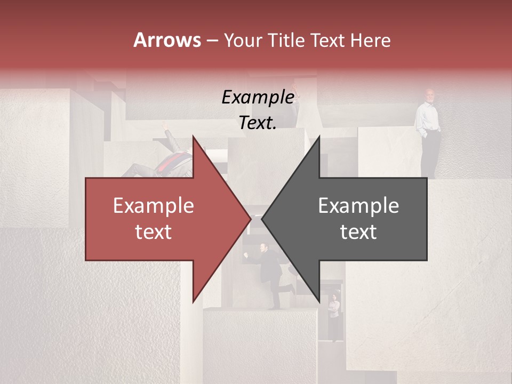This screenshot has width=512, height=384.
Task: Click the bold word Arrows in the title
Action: tap(167, 40)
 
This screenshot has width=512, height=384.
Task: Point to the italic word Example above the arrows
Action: tap(258, 97)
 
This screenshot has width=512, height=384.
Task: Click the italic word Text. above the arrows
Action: tap(258, 123)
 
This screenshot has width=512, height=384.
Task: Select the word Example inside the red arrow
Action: tap(154, 205)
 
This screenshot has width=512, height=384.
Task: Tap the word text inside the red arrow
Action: tap(154, 232)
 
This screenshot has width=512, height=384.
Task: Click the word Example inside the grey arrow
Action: tap(358, 205)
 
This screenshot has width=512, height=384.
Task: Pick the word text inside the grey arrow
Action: tap(358, 232)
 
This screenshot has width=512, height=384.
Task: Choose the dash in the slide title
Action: tap(212, 41)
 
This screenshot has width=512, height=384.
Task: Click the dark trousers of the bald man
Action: tap(430, 152)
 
